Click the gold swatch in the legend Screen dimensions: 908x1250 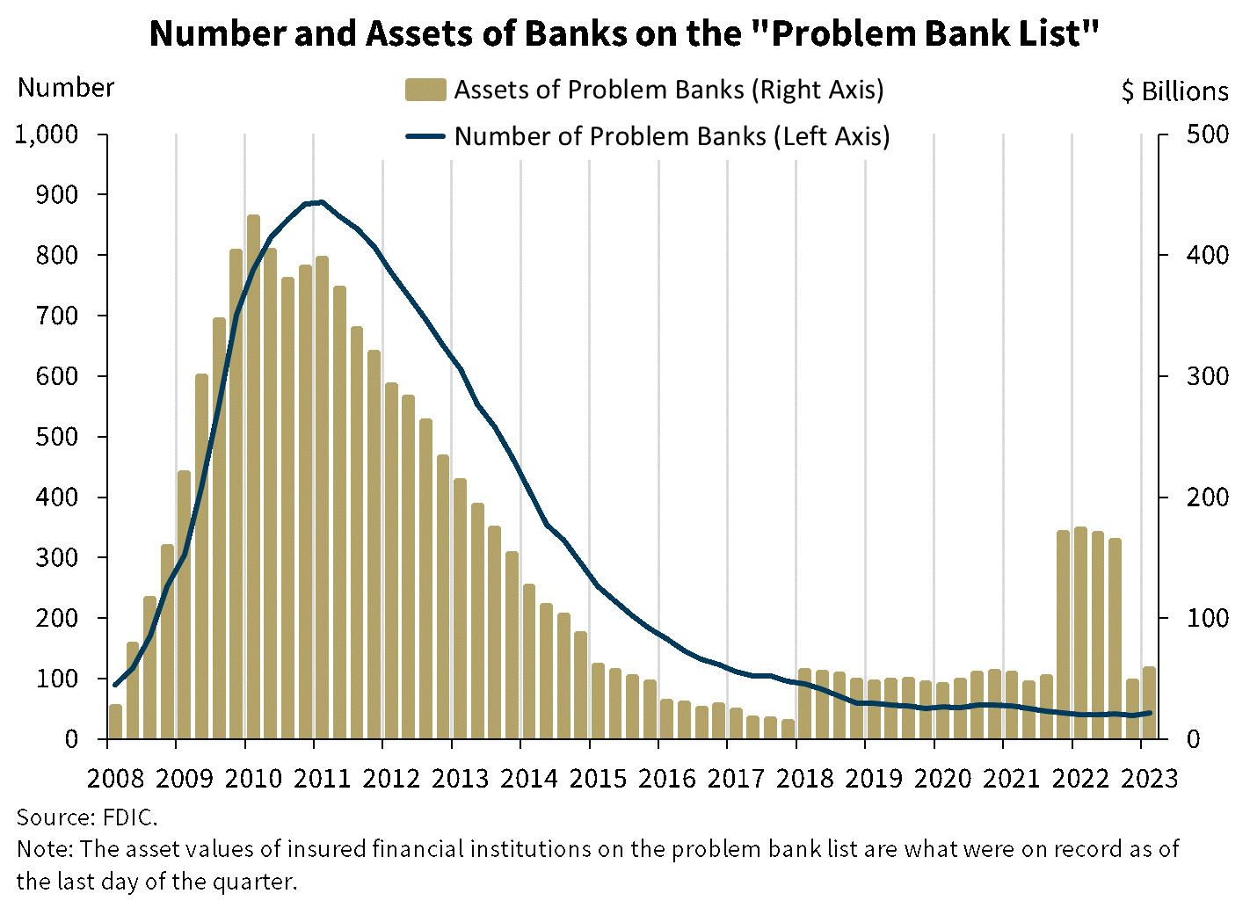click(425, 90)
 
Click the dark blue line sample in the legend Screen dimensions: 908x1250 click(425, 136)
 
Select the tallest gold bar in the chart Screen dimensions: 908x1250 click(253, 475)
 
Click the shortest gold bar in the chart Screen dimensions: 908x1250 click(788, 729)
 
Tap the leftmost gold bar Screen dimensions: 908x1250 click(115, 721)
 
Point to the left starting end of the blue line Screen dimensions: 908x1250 click(115, 685)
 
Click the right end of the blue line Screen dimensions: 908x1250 click(1150, 712)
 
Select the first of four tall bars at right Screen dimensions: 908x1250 click(1063, 633)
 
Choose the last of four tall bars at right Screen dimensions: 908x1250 click(1115, 637)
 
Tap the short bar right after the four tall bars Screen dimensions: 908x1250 click(1132, 708)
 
